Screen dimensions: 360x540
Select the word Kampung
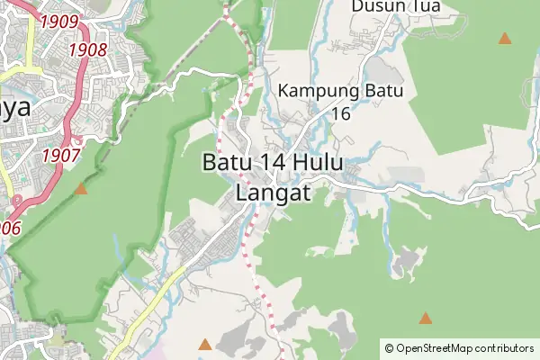(319, 91)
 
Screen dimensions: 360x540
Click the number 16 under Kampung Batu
(340, 113)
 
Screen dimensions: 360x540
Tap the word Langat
(274, 192)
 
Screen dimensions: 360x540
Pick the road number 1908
(87, 49)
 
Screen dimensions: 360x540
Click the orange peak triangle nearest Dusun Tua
(505, 39)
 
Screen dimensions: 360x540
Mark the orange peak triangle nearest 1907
(82, 189)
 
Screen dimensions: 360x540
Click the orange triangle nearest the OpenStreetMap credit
(425, 319)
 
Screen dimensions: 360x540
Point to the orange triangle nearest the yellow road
(205, 344)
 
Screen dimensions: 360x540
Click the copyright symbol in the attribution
(389, 347)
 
